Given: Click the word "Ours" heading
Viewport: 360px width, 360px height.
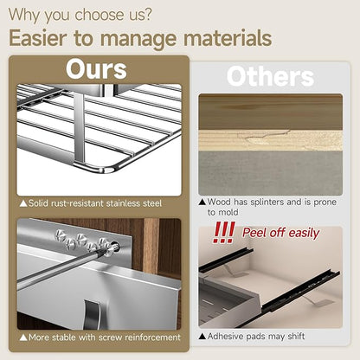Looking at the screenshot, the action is [x=96, y=69].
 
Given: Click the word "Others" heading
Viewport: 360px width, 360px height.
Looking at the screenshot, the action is [x=270, y=76].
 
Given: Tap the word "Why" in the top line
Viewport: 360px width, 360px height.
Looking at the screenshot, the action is [x=24, y=15].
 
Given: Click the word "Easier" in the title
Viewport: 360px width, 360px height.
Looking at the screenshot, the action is [x=38, y=38].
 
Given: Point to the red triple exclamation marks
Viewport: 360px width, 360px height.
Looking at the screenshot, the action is [x=223, y=233].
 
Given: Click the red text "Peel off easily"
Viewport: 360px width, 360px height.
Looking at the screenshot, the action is [x=280, y=233].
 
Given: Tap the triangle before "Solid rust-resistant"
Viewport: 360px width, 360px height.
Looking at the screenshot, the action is [x=23, y=203].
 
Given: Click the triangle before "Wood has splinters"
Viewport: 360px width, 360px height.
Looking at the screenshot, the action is [x=202, y=202].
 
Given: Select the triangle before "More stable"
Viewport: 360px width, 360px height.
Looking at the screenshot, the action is [x=23, y=337].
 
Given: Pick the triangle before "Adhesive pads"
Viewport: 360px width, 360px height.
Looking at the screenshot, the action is [x=202, y=337].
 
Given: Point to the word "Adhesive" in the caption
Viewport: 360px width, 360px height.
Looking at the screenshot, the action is [x=222, y=336].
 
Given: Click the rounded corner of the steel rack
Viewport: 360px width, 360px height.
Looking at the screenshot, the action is [x=111, y=168].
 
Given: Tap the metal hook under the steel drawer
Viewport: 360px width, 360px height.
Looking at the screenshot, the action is [x=93, y=314].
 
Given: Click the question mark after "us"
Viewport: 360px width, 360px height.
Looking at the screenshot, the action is [x=148, y=15].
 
